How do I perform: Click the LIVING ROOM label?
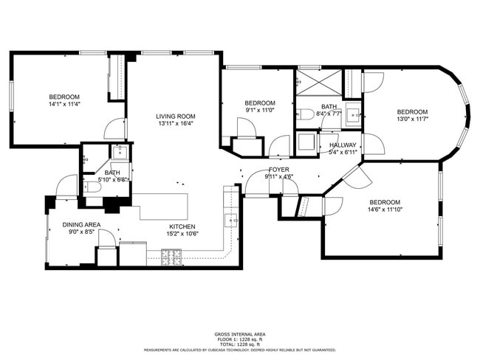click(175, 116)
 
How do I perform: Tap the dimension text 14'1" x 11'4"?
click(64, 105)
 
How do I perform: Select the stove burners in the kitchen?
click(172, 257)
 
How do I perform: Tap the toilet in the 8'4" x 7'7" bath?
click(305, 114)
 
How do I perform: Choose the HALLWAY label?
click(343, 145)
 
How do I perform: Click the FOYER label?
click(278, 170)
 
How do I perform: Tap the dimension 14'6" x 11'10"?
click(385, 210)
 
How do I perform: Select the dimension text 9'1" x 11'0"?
click(260, 111)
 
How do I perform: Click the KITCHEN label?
click(182, 226)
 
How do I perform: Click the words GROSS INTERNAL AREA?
click(240, 334)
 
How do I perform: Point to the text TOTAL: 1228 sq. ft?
click(240, 345)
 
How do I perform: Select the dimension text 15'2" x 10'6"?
click(182, 234)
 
